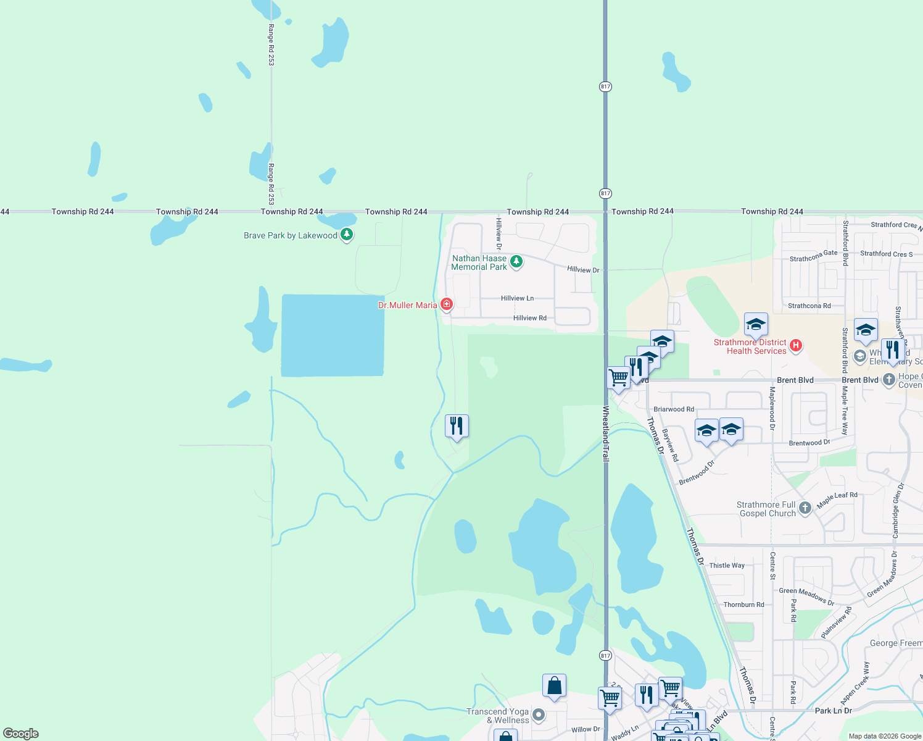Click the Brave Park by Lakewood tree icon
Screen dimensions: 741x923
pyautogui.click(x=347, y=235)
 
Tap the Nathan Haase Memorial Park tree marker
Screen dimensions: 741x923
pyautogui.click(x=516, y=262)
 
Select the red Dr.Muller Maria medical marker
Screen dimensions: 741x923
pyautogui.click(x=447, y=304)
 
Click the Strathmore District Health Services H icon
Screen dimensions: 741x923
pyautogui.click(x=796, y=346)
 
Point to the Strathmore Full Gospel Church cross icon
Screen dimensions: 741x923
pyautogui.click(x=805, y=508)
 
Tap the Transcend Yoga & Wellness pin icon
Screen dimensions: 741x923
pyautogui.click(x=539, y=715)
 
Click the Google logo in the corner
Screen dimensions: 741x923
pyautogui.click(x=21, y=734)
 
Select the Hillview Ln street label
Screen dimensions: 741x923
pyautogui.click(x=517, y=298)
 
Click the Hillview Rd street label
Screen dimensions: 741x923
pyautogui.click(x=529, y=318)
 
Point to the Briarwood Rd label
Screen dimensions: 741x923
pyautogui.click(x=674, y=409)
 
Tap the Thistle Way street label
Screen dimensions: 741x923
pyautogui.click(x=727, y=566)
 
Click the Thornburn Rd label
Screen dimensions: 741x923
pyautogui.click(x=743, y=605)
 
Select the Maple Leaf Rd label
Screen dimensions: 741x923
pyautogui.click(x=837, y=500)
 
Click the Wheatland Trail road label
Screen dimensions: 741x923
pyautogui.click(x=606, y=434)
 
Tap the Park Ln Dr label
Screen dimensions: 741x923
pyautogui.click(x=833, y=711)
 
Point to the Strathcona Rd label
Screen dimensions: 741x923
pyautogui.click(x=809, y=306)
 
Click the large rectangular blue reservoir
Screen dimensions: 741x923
pyautogui.click(x=333, y=335)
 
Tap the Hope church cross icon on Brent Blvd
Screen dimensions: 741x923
pyautogui.click(x=888, y=380)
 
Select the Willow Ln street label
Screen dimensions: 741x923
pyautogui.click(x=586, y=729)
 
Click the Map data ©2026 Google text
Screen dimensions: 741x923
pyautogui.click(x=885, y=736)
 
